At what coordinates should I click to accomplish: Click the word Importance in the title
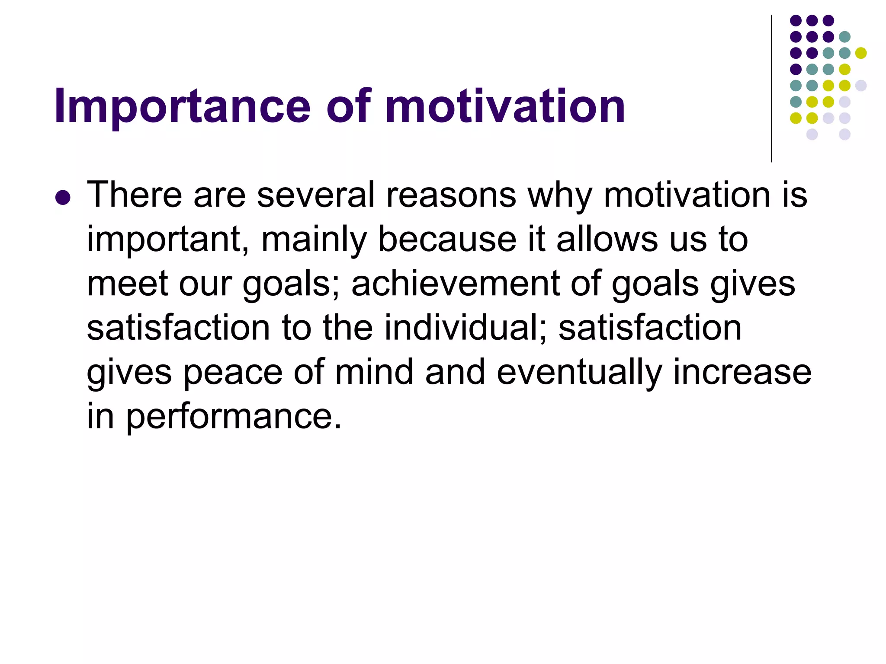coord(182,107)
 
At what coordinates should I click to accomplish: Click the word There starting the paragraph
coord(134,195)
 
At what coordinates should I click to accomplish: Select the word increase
coord(742,372)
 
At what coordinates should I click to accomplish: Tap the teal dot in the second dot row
coord(844,37)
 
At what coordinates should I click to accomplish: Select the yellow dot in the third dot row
coord(861,53)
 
